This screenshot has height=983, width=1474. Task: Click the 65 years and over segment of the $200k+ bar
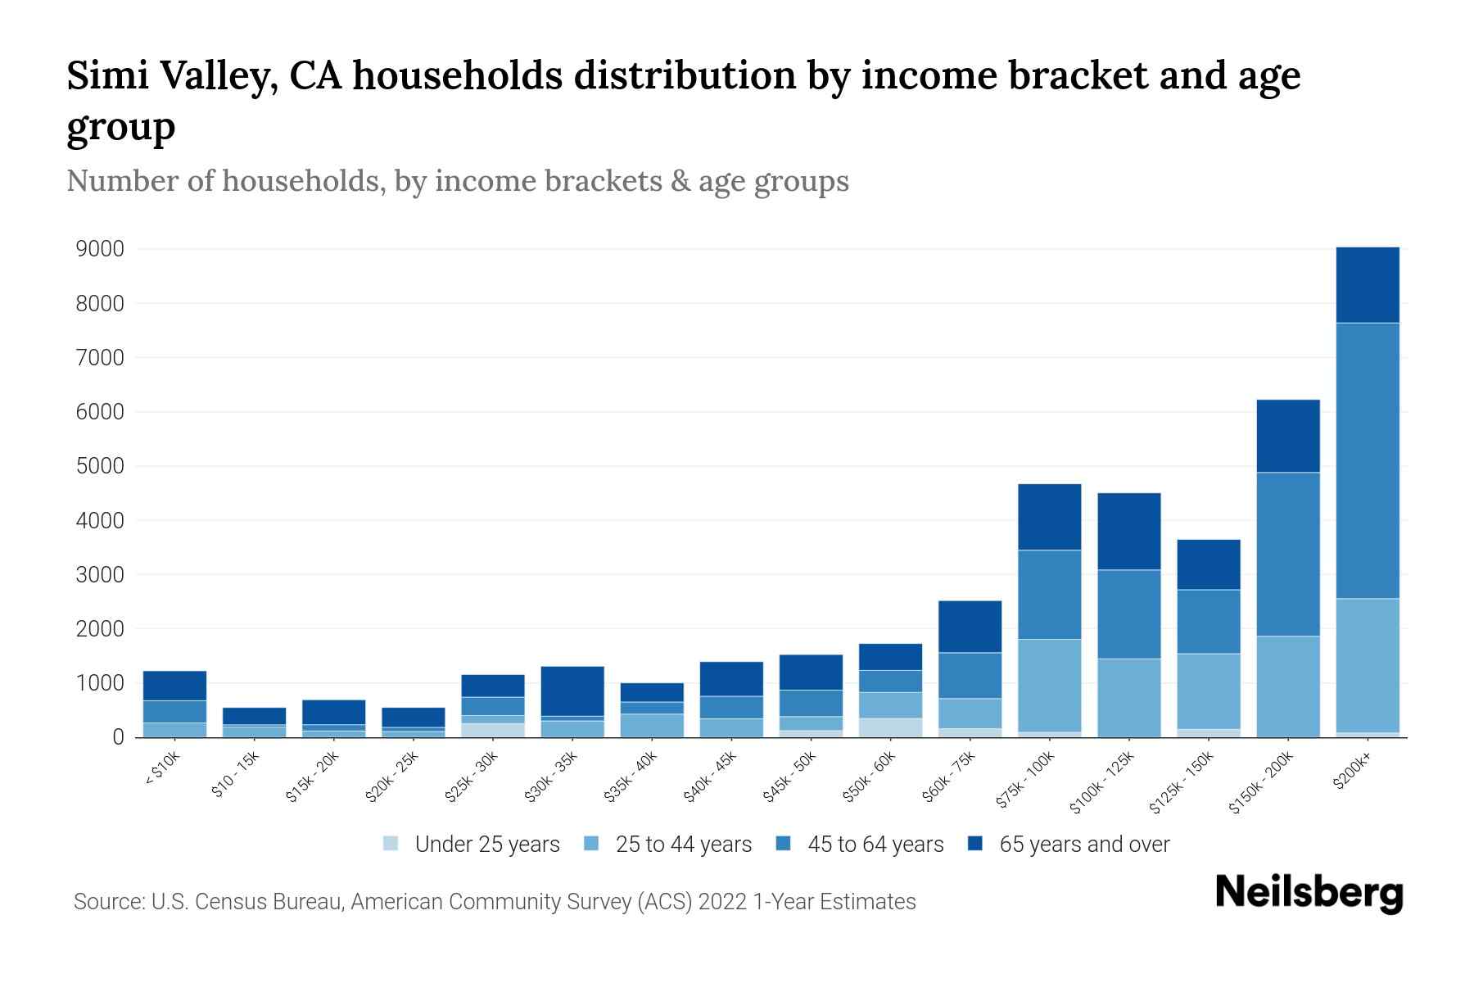point(1368,284)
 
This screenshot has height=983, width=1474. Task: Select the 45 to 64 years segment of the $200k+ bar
point(1368,460)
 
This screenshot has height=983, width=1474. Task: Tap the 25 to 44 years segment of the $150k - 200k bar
point(1288,686)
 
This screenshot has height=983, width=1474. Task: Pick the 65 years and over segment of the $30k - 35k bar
point(572,691)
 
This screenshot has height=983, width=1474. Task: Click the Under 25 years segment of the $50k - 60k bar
point(890,727)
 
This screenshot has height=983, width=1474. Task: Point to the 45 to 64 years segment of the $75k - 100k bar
point(1049,594)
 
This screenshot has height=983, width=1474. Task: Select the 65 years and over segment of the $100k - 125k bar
point(1128,531)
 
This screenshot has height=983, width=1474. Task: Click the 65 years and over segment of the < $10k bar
point(174,686)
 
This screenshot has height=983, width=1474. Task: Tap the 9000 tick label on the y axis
point(100,249)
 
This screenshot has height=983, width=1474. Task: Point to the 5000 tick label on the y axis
point(100,466)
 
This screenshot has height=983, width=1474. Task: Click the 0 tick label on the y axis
point(118,737)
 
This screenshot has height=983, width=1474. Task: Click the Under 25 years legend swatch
point(391,843)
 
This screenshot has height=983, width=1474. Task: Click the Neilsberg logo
point(1309,892)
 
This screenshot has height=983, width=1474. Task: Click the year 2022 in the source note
point(721,901)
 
